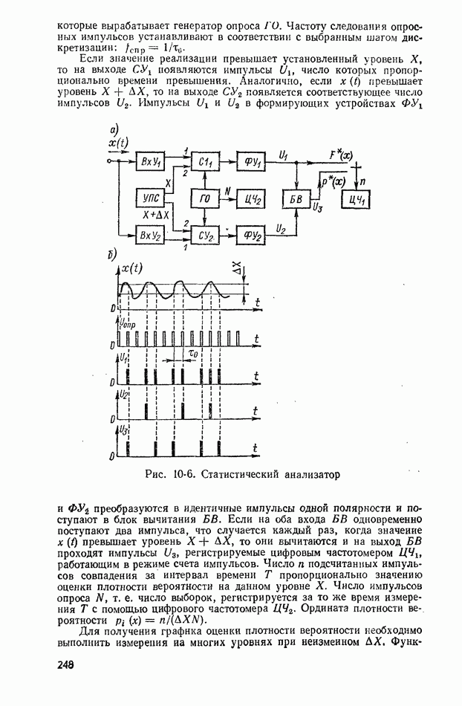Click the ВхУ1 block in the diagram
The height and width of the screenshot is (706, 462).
click(x=151, y=161)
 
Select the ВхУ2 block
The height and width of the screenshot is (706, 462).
click(x=151, y=235)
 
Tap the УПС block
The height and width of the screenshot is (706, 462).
click(x=151, y=198)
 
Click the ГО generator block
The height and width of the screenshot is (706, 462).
click(x=205, y=198)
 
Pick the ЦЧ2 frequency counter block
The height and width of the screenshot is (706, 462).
click(x=251, y=198)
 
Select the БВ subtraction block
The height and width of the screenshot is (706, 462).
click(x=296, y=198)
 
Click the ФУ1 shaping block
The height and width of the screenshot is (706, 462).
click(x=251, y=161)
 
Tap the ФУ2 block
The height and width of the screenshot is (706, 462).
click(x=251, y=235)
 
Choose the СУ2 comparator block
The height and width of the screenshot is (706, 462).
click(x=205, y=235)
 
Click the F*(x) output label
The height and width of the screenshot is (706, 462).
click(x=340, y=155)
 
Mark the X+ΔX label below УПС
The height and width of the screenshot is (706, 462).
click(x=155, y=216)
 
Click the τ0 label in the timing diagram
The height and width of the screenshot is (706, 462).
click(x=192, y=354)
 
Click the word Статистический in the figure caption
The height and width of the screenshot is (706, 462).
click(x=239, y=474)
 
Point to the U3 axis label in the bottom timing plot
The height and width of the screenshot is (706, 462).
click(x=123, y=430)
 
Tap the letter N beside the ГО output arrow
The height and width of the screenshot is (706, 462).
click(x=227, y=192)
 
